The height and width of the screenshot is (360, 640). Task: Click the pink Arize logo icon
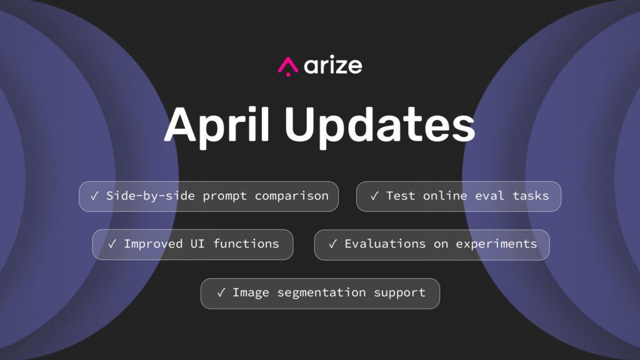point(288,66)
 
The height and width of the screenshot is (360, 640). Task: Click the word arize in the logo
point(333,65)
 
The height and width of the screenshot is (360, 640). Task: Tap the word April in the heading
point(217,124)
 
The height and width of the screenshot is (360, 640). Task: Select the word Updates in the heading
point(380,124)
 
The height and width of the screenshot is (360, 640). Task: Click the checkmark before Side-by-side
point(95,196)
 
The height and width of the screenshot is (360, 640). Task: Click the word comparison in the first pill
point(291,196)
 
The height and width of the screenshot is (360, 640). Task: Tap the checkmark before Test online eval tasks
point(374,196)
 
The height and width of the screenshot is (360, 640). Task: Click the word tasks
point(531,196)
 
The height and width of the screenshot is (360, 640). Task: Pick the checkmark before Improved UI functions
point(112,244)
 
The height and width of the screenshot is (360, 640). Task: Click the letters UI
point(197,244)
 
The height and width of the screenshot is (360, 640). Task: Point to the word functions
point(246,244)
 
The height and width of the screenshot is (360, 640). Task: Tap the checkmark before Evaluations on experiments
point(332,244)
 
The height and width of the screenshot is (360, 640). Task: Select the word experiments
point(496,244)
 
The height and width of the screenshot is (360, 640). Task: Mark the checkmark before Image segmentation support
point(221,292)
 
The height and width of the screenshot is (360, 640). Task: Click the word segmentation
point(321,293)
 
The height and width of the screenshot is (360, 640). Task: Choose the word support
point(399,293)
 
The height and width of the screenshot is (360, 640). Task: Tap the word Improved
point(153,244)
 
